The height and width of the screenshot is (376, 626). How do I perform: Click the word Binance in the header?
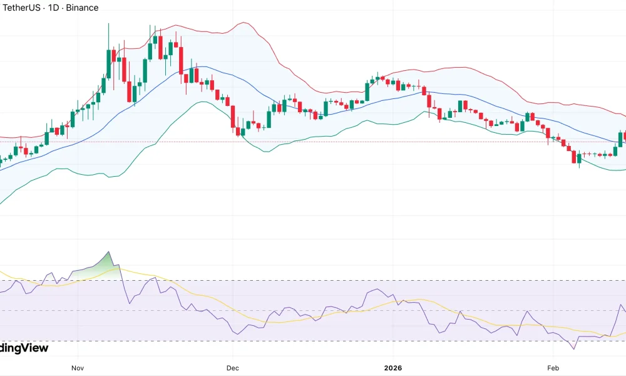(x=81, y=8)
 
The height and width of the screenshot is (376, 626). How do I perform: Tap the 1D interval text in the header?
(x=53, y=8)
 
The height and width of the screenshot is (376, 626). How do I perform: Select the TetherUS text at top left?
(x=22, y=8)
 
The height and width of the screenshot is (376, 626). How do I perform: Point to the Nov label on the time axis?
(x=78, y=367)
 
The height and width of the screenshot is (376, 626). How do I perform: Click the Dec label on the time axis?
(x=233, y=367)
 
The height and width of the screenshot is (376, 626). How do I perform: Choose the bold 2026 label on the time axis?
(x=393, y=367)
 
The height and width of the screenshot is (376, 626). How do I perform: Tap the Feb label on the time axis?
(x=553, y=367)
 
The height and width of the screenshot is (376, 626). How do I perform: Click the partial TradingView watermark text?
(x=24, y=348)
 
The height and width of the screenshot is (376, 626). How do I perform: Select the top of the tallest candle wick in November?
(x=108, y=24)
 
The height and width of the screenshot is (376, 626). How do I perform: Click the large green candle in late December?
(x=367, y=91)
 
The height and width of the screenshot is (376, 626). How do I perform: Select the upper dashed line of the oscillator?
(x=313, y=280)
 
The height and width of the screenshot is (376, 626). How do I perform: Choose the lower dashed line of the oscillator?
(x=313, y=340)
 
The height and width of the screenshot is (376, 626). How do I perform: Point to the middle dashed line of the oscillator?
(x=313, y=310)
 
